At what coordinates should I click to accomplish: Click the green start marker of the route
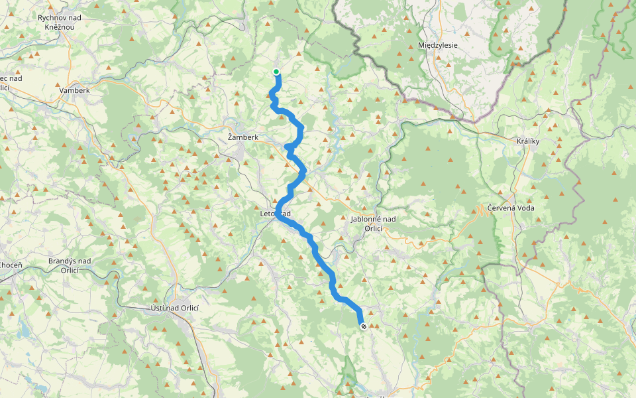(276, 72)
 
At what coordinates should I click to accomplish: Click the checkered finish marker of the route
(363, 326)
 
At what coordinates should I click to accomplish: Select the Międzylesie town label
(438, 45)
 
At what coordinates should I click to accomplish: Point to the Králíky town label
(529, 141)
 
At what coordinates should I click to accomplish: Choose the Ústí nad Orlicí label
(174, 308)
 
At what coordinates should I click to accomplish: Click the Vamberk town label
(74, 90)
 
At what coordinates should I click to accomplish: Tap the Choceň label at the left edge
(10, 265)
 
